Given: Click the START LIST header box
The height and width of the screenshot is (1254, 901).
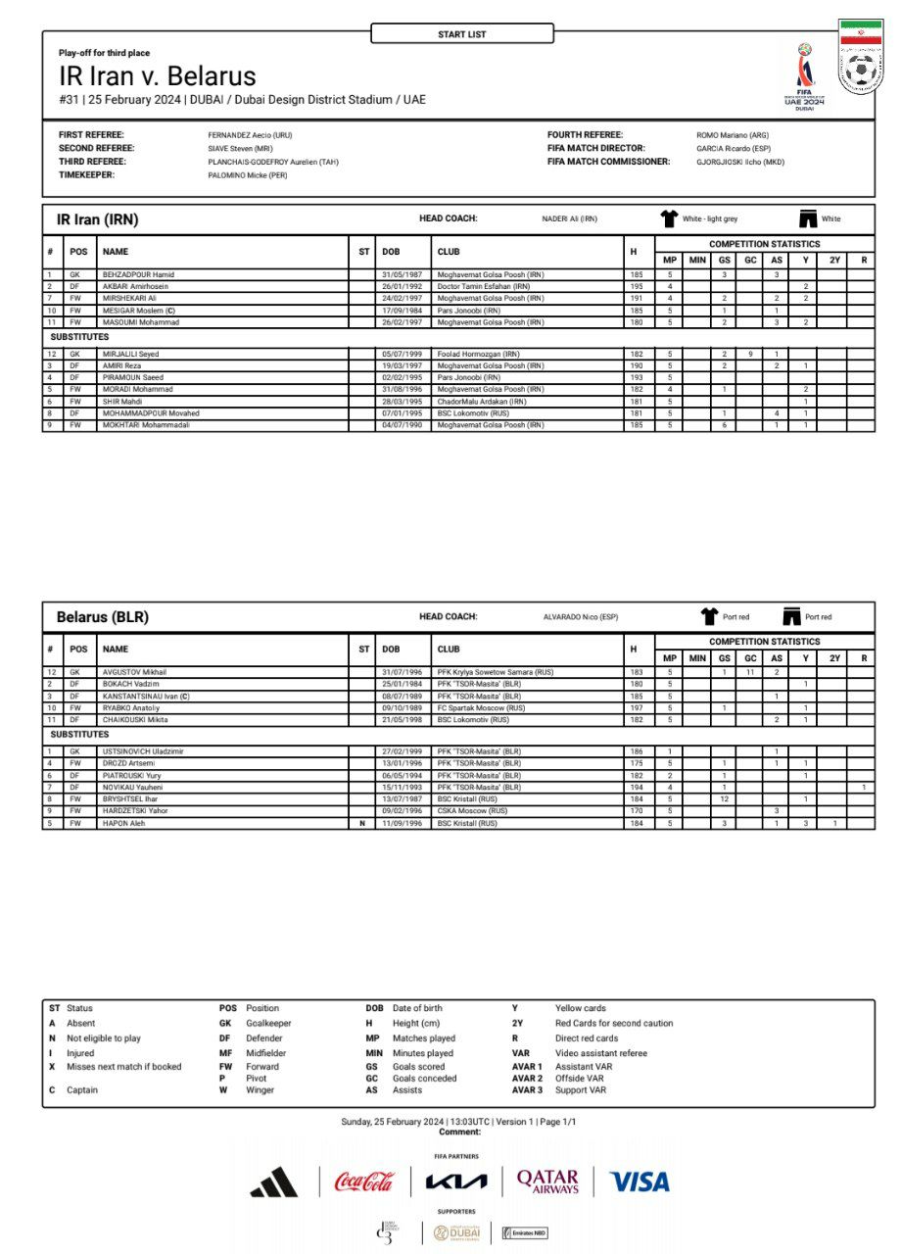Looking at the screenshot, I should (461, 34).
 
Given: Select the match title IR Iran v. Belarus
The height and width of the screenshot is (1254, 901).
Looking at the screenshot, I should (157, 76).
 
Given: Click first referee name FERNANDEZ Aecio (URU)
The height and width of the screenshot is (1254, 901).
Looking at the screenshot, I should (250, 135).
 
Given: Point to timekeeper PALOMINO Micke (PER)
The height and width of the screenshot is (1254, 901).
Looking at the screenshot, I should (248, 175).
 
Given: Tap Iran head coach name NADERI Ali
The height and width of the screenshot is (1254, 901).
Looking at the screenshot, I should (569, 219).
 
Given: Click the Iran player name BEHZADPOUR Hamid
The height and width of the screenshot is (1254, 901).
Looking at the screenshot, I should (138, 274).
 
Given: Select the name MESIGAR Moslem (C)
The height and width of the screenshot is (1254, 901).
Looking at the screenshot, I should (139, 311).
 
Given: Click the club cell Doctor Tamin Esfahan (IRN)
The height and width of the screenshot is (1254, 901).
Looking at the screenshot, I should (484, 286).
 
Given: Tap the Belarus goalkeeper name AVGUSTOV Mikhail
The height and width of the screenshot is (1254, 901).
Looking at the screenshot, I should (134, 672).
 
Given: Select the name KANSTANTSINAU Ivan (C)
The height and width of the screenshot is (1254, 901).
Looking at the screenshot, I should (147, 696).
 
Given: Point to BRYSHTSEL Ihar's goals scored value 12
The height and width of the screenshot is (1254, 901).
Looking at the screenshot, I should (724, 799).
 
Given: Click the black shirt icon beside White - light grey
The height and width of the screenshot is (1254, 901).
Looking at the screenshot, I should (669, 218).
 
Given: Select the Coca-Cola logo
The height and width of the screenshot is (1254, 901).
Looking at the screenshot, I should (364, 1182).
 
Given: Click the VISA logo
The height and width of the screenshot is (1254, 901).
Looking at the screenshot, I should (640, 1182).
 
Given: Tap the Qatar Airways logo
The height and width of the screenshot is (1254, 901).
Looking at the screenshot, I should (547, 1182).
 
